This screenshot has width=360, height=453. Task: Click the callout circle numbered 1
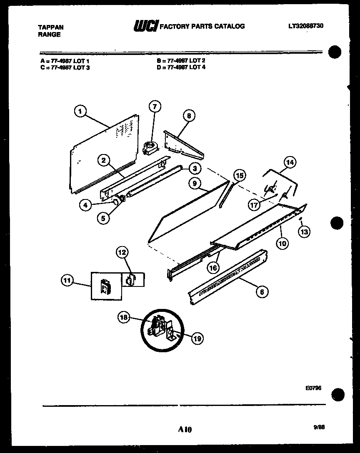80,111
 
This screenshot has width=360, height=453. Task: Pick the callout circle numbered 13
304,232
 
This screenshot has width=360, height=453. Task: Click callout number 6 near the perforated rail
261,292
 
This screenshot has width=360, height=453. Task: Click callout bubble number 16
213,268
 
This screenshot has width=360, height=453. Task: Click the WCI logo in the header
145,26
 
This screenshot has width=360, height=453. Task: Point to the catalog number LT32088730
305,26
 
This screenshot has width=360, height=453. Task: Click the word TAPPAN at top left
51,27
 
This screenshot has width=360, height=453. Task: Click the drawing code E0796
313,387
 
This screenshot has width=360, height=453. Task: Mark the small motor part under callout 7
149,147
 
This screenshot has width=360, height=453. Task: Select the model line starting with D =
181,67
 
